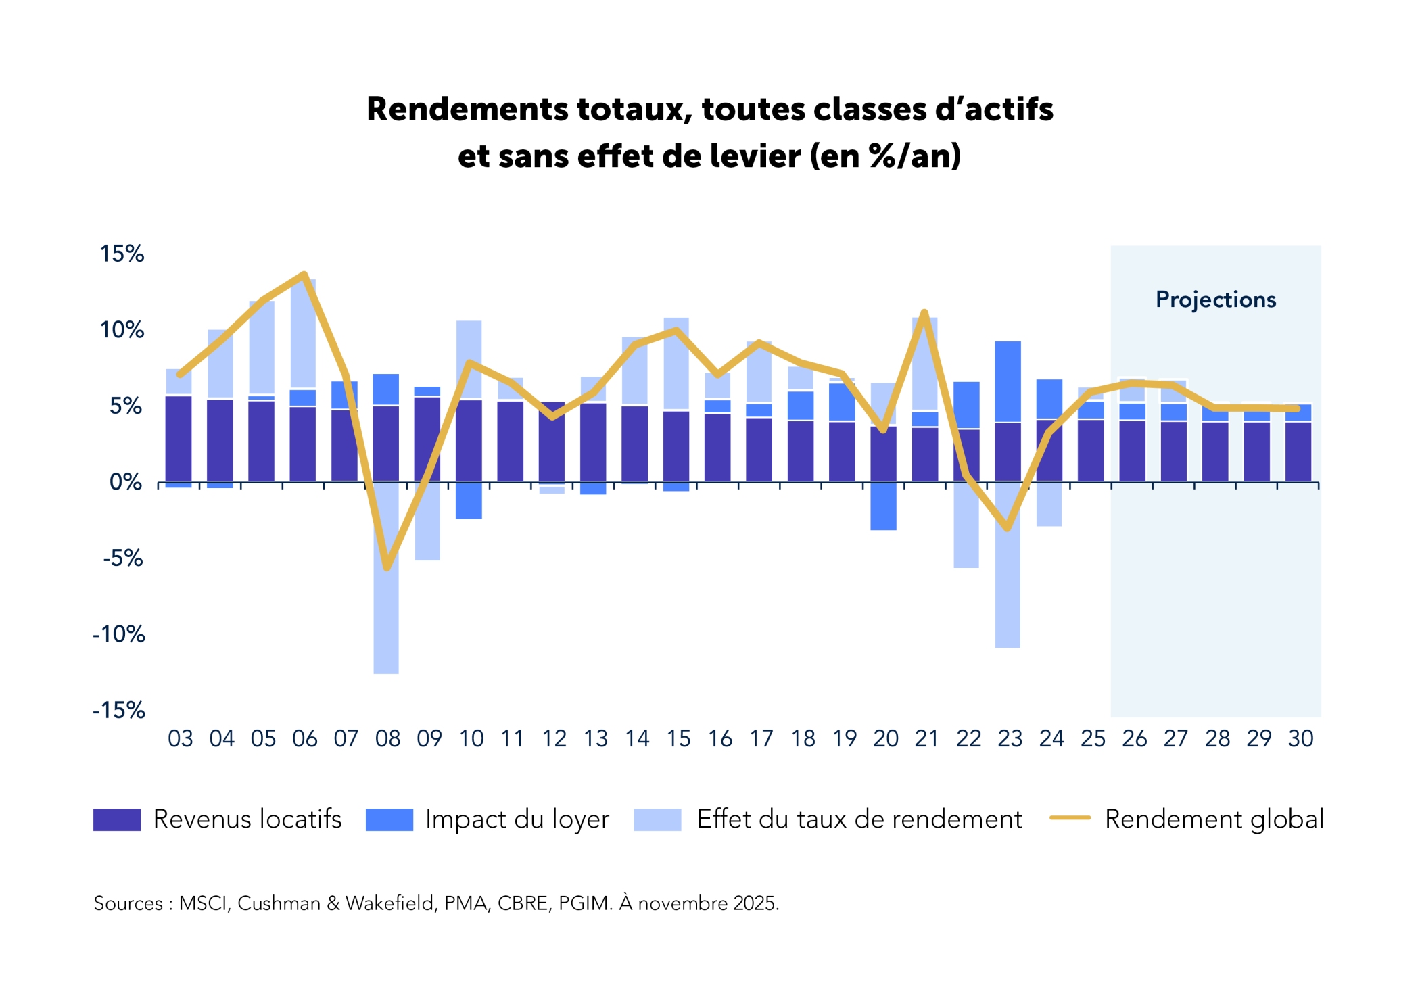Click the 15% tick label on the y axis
click(x=122, y=254)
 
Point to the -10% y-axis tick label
click(x=119, y=634)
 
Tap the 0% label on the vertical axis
click(x=126, y=482)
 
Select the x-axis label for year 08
click(x=387, y=738)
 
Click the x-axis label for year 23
click(x=1010, y=738)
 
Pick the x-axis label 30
click(x=1300, y=738)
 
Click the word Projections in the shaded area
click(x=1216, y=300)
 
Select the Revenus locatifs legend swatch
click(x=117, y=819)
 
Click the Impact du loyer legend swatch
click(x=389, y=819)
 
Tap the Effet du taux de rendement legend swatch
click(x=657, y=819)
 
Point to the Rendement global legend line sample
click(x=1070, y=818)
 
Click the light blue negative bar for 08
click(x=386, y=578)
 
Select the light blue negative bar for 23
click(x=1008, y=565)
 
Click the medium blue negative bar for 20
click(x=883, y=506)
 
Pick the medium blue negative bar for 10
click(x=469, y=501)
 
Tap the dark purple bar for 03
click(x=179, y=439)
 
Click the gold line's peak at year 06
click(x=305, y=275)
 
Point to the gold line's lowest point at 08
click(x=387, y=568)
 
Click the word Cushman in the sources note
click(x=279, y=903)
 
